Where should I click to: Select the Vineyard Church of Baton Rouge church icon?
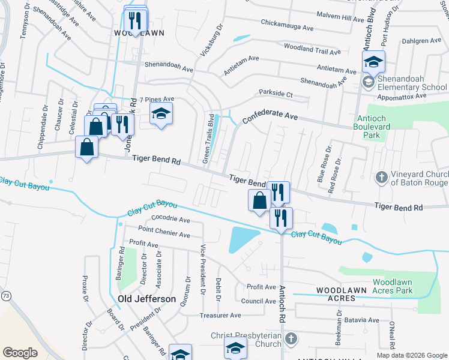pos(381,177)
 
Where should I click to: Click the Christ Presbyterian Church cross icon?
pos(291,338)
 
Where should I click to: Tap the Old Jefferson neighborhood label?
pos(147,299)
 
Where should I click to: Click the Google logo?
pos(20,353)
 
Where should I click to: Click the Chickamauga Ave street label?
pos(288,28)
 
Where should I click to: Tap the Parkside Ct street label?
pos(276,94)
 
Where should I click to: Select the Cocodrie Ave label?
pos(170,220)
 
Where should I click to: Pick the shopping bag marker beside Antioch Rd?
pos(259,200)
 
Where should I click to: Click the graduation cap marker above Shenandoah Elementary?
pos(373,62)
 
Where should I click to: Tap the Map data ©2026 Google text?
pos(411,355)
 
